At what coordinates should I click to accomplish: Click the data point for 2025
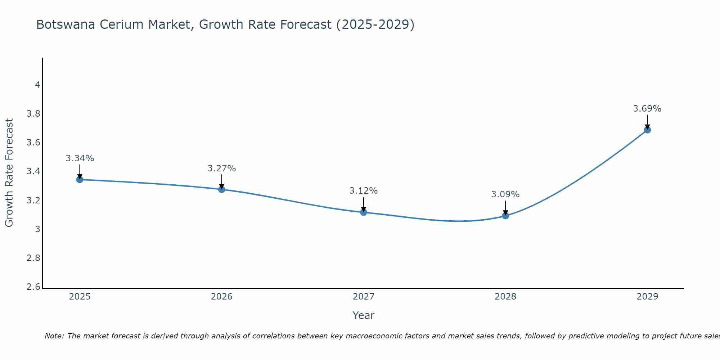(80, 179)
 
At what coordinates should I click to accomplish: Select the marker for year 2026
(222, 189)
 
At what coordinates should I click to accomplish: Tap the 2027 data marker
(364, 212)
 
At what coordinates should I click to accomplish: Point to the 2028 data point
(505, 216)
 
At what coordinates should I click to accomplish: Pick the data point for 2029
(647, 130)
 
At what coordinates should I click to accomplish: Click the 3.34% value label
(80, 158)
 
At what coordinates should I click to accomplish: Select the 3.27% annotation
(222, 168)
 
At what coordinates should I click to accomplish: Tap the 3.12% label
(364, 191)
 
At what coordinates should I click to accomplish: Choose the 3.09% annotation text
(505, 194)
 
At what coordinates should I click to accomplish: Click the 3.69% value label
(647, 109)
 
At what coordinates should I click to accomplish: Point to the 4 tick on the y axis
(37, 85)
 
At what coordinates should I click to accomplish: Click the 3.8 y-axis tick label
(33, 114)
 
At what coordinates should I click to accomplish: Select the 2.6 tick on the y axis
(33, 287)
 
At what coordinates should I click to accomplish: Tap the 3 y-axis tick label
(37, 229)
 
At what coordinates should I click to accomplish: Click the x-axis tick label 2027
(364, 297)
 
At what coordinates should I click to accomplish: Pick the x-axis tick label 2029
(647, 297)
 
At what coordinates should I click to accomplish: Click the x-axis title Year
(364, 315)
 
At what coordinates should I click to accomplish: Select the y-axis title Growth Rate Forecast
(9, 173)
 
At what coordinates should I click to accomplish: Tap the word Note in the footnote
(54, 336)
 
